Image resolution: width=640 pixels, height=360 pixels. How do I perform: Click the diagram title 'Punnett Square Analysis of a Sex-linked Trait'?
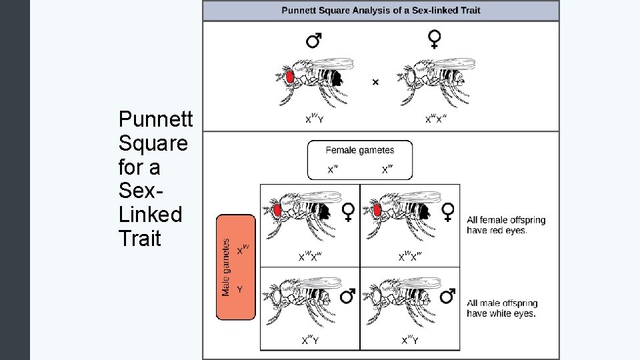(x=381, y=10)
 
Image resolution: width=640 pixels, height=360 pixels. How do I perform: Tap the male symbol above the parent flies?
(x=313, y=41)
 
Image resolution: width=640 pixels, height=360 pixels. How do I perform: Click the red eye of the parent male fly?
(x=290, y=76)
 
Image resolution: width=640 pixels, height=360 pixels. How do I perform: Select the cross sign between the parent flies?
(x=375, y=82)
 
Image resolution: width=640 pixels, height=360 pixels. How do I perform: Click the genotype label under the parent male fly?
(x=314, y=119)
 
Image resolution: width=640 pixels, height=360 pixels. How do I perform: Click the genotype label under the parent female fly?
(x=436, y=119)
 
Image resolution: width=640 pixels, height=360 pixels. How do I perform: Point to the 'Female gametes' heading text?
(x=359, y=151)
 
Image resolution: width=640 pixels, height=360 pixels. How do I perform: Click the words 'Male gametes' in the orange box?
(x=226, y=267)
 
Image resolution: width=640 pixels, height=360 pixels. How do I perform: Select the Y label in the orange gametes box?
(x=240, y=289)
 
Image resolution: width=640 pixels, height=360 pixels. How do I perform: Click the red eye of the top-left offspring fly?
(x=276, y=211)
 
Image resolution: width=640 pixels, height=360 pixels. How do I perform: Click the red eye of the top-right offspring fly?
(x=377, y=211)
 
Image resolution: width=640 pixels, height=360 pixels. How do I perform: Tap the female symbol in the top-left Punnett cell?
(x=348, y=212)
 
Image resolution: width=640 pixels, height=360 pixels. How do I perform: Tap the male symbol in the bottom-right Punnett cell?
(x=448, y=295)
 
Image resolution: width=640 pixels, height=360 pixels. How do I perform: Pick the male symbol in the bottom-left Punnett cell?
(x=347, y=295)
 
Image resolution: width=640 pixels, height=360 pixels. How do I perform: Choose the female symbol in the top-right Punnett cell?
(x=449, y=212)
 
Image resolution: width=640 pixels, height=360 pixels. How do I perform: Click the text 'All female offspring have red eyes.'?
(x=505, y=225)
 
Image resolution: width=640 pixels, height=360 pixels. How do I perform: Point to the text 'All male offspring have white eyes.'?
(x=505, y=308)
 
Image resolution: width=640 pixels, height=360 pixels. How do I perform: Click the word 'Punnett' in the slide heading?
(x=155, y=119)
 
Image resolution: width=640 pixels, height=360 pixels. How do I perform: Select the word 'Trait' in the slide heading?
(x=139, y=238)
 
